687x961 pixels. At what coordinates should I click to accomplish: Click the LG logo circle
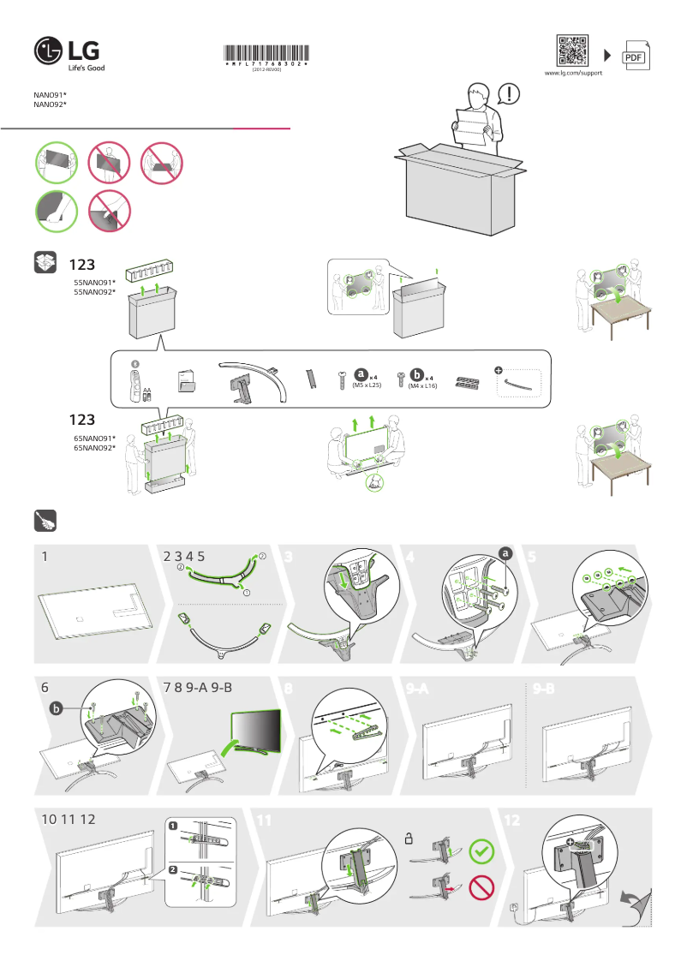49,52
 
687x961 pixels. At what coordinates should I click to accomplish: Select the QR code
573,51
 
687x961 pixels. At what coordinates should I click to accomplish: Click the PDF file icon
634,56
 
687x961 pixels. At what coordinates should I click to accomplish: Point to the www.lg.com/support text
573,75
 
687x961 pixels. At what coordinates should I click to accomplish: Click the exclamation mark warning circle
509,93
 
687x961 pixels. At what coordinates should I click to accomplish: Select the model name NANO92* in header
50,104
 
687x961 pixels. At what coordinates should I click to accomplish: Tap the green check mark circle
482,851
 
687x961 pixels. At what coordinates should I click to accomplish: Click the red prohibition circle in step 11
482,888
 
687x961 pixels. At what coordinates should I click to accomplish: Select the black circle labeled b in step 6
57,707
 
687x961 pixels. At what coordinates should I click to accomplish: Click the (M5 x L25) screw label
367,386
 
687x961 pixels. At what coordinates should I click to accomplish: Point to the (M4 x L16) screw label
422,386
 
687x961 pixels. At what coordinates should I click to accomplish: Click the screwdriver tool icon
45,520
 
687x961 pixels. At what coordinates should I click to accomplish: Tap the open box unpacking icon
45,262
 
